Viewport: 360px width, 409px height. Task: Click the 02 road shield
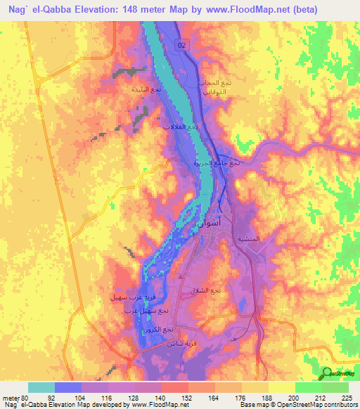(183, 45)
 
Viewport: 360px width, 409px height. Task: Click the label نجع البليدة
(146, 90)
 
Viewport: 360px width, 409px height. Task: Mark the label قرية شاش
(179, 343)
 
